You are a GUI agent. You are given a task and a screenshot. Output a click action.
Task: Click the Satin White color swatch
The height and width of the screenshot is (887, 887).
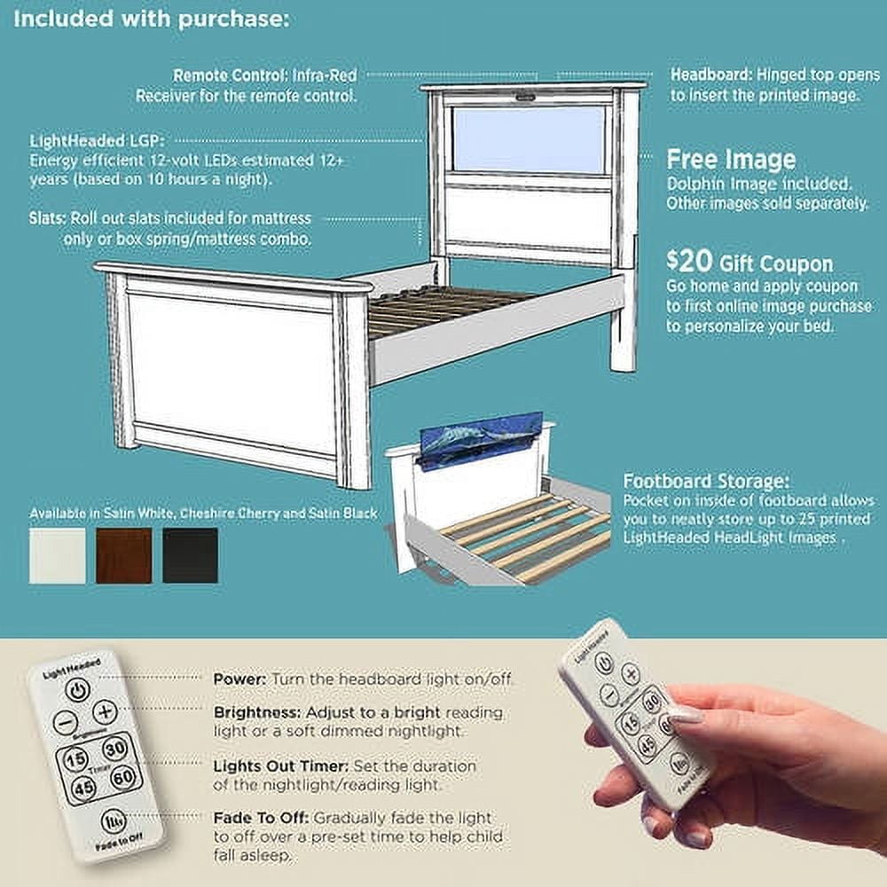(57, 555)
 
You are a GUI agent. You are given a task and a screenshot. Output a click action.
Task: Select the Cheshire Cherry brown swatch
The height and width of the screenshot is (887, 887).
(124, 555)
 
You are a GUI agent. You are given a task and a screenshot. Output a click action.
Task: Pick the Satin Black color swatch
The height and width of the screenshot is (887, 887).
(190, 555)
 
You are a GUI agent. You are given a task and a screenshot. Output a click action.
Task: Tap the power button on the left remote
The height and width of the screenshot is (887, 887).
(77, 690)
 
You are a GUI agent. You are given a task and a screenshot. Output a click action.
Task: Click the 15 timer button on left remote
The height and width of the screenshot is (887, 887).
(75, 758)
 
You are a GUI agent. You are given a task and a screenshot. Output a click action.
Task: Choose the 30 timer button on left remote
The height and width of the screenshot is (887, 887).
(114, 749)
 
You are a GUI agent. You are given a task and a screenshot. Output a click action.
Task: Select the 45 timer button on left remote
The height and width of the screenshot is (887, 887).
(83, 787)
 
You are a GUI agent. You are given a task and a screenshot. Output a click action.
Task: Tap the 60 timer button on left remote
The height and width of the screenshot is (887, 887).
(124, 777)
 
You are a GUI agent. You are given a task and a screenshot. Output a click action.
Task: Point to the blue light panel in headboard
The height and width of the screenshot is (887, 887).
(529, 140)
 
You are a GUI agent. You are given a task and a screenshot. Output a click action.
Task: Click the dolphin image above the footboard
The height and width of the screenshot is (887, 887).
(482, 440)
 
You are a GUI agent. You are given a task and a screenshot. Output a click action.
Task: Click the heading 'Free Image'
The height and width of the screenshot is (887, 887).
(731, 160)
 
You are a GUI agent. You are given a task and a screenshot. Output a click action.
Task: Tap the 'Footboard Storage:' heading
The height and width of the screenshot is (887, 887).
(705, 482)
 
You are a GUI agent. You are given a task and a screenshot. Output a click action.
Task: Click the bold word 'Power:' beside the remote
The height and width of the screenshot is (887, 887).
(239, 679)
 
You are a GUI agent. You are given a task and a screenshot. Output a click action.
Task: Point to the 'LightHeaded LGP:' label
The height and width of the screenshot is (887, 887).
(97, 140)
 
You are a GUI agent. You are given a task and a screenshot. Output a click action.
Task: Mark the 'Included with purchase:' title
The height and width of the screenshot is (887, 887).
(151, 20)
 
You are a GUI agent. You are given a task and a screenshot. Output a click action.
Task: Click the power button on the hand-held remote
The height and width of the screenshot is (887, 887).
(604, 662)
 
